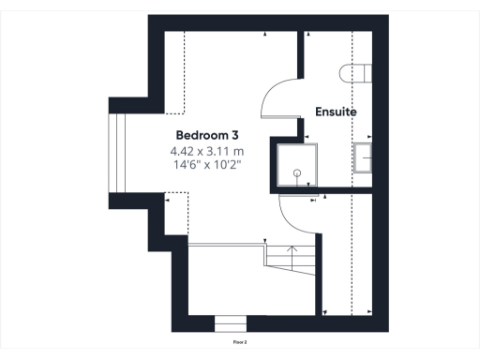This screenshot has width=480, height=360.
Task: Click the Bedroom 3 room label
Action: pyautogui.click(x=206, y=135)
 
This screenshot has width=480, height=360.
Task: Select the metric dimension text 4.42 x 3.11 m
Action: pyautogui.click(x=206, y=150)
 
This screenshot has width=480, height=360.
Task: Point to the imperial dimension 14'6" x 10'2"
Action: pyautogui.click(x=206, y=165)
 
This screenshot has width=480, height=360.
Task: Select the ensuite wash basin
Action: pyautogui.click(x=362, y=158)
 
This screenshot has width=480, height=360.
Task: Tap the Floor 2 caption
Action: pyautogui.click(x=240, y=343)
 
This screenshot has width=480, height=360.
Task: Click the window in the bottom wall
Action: pyautogui.click(x=231, y=324)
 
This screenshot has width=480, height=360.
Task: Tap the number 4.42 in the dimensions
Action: pyautogui.click(x=182, y=150)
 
